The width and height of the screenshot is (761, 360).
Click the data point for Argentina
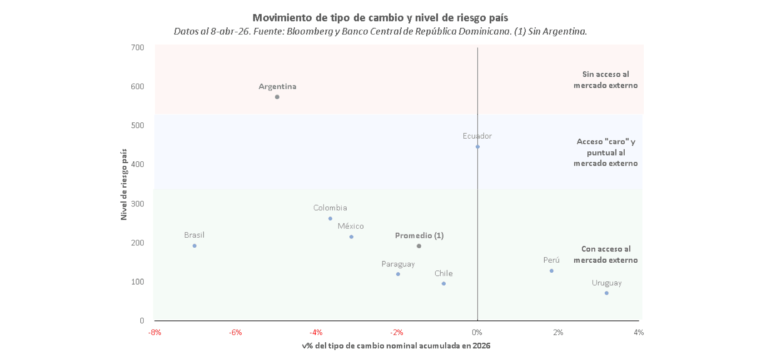277,97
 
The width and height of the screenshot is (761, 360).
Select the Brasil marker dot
194,246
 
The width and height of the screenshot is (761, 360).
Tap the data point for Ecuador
477,147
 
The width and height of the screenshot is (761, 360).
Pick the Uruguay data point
607,293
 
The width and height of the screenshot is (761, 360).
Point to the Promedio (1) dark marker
419,246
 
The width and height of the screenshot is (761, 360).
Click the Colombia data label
330,208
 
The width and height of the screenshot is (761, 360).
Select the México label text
350,226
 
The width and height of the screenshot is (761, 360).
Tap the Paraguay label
398,264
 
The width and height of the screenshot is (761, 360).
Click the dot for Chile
443,284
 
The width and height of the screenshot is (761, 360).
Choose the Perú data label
551,260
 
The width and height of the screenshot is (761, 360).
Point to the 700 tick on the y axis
137,47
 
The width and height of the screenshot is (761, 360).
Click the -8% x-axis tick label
154,333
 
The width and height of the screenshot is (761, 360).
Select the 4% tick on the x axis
639,333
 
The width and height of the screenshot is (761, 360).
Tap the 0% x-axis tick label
477,333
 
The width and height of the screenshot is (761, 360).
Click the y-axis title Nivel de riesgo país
124,185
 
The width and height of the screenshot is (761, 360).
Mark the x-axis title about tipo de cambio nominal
396,346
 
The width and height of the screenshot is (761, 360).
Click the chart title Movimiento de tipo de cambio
380,18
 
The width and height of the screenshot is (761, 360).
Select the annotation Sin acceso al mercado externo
605,80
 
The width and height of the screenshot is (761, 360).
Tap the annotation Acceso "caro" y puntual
605,152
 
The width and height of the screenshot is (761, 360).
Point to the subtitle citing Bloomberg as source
380,31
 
